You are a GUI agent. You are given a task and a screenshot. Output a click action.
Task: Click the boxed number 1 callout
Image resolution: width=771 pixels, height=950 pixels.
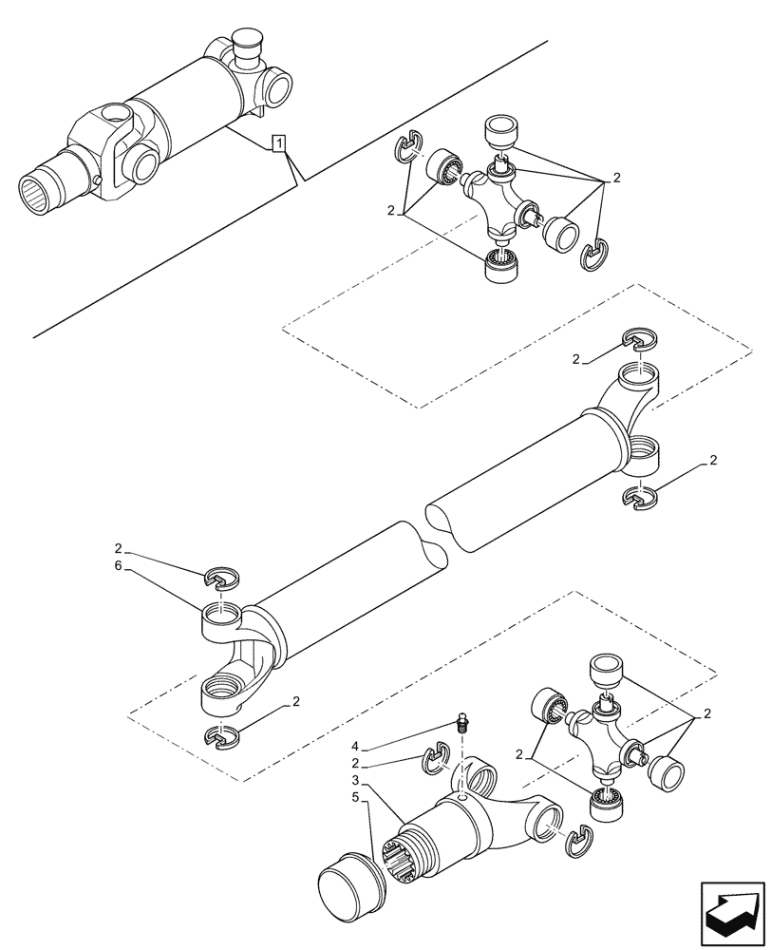pos(278,143)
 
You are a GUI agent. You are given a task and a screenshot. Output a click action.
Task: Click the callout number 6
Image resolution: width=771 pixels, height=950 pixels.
pos(119,565)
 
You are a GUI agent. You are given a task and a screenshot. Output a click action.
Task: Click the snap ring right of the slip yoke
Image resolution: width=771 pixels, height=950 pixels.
pos(576,840)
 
